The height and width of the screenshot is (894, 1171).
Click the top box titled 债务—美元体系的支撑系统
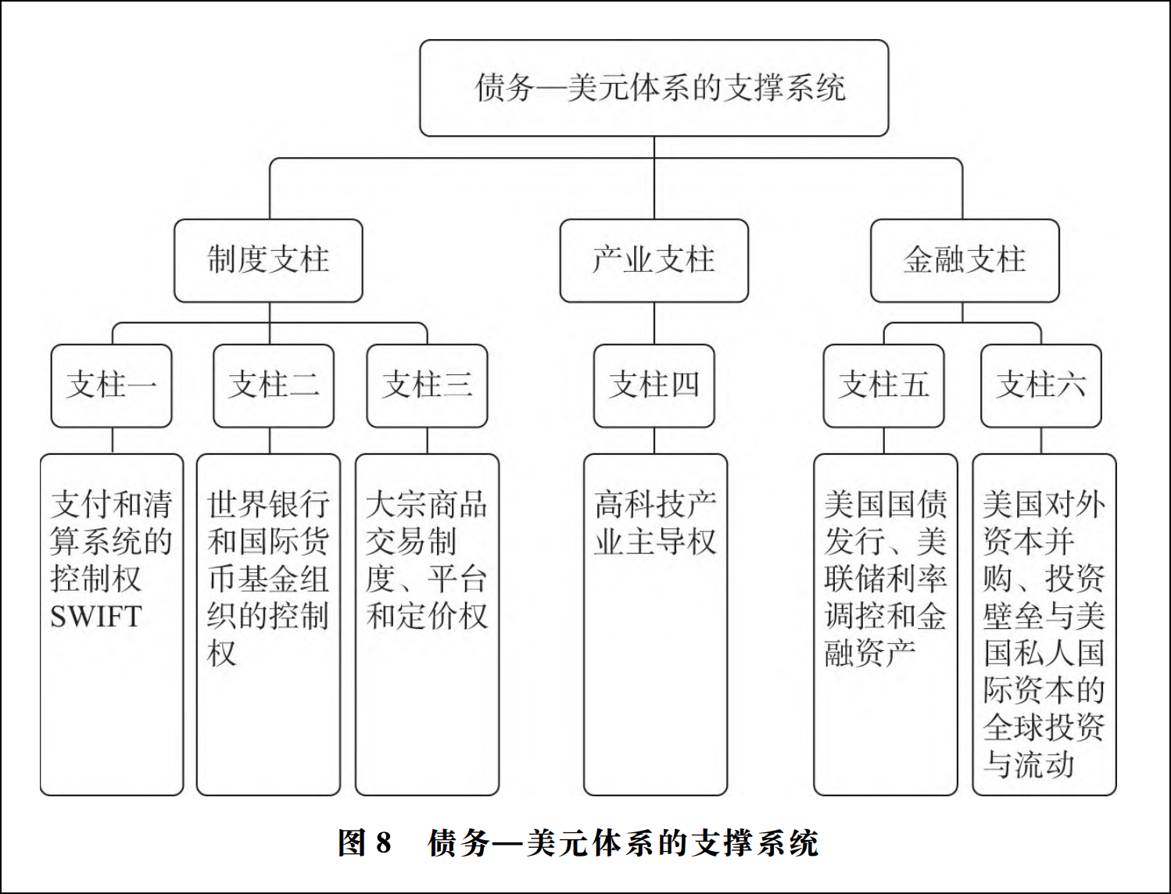pyautogui.click(x=654, y=88)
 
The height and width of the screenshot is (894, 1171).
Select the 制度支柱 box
pyautogui.click(x=268, y=261)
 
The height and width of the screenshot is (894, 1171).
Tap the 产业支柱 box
pyautogui.click(x=654, y=261)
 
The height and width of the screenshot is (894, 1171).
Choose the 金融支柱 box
pyautogui.click(x=965, y=261)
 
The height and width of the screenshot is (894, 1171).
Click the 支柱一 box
pyautogui.click(x=112, y=385)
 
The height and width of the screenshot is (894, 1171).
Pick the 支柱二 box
pyautogui.click(x=274, y=385)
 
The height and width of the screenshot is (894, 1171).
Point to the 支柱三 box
pyautogui.click(x=427, y=385)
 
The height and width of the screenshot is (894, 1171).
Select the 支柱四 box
pyautogui.click(x=654, y=385)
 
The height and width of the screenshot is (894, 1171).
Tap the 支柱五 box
pyautogui.click(x=883, y=385)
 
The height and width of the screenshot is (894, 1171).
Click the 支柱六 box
pyautogui.click(x=1040, y=385)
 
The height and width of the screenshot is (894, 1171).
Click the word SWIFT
pyautogui.click(x=96, y=617)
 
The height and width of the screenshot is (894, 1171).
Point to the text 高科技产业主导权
pyautogui.click(x=655, y=523)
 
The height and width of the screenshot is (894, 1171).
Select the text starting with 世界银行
pyautogui.click(x=268, y=578)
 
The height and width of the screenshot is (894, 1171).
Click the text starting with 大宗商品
pyautogui.click(x=427, y=560)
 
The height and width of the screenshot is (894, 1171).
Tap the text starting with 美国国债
pyautogui.click(x=886, y=578)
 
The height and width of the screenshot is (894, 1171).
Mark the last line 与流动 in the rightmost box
pyautogui.click(x=1029, y=764)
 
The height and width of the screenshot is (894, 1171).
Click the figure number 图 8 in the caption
pyautogui.click(x=365, y=843)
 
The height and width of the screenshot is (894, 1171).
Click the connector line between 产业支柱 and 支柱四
pyautogui.click(x=654, y=324)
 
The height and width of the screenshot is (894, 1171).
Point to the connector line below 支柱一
pyautogui.click(x=112, y=440)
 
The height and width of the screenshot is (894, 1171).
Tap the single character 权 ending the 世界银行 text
pyautogui.click(x=221, y=653)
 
